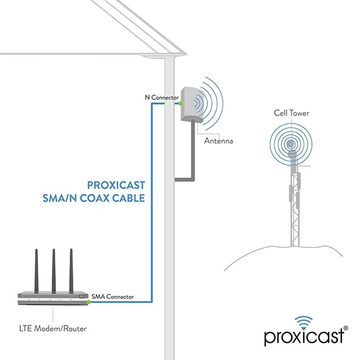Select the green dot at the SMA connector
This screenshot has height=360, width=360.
(89, 302)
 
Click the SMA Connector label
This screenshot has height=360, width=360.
(112, 297)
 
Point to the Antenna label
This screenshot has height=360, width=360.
(219, 141)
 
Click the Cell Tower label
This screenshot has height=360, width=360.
(292, 113)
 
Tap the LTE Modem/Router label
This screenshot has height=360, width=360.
(52, 328)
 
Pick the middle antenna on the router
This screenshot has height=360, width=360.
(54, 270)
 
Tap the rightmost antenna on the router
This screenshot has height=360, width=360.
(71, 270)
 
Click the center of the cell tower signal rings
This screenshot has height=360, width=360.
(291, 144)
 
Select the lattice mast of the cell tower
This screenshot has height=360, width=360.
(295, 211)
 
